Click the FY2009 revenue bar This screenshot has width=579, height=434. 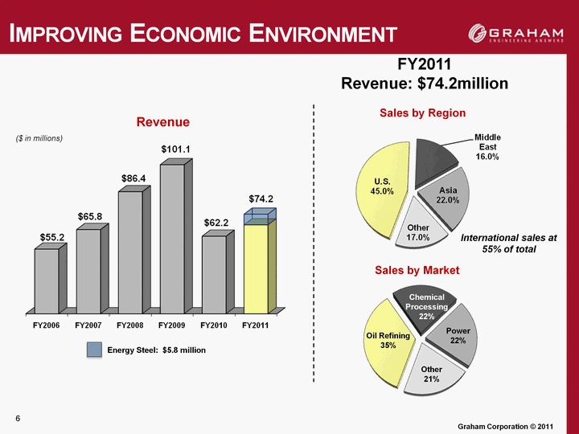point(172,238)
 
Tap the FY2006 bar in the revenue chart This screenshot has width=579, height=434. point(47,280)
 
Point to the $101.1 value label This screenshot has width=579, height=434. point(175,149)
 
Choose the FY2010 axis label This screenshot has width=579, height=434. point(215,325)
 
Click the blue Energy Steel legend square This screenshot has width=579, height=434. point(95,350)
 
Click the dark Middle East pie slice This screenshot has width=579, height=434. point(438,150)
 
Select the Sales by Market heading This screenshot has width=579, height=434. point(417,270)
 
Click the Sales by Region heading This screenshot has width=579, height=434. point(422,113)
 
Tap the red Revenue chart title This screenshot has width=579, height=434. point(162,122)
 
